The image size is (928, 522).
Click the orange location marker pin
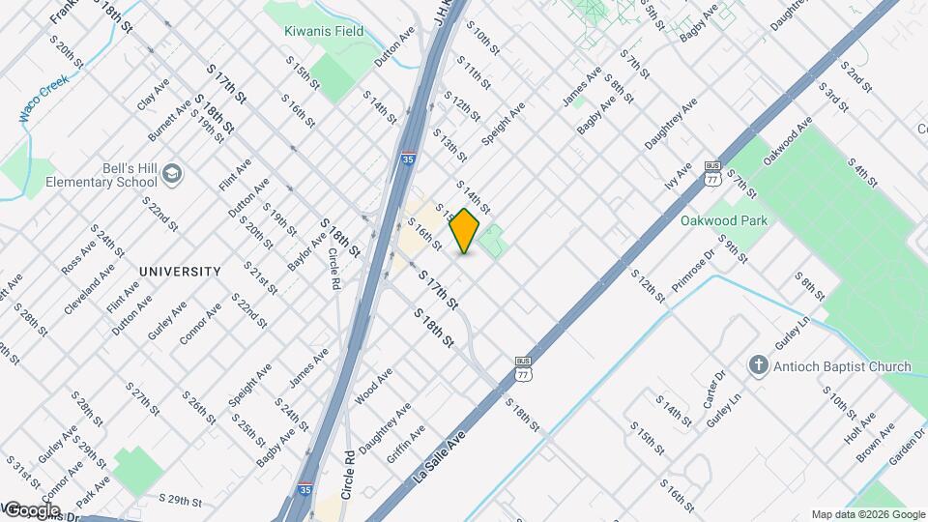[x=465, y=231]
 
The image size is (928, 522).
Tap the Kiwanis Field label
[x=324, y=31]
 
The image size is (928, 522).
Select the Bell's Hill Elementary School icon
[x=172, y=173]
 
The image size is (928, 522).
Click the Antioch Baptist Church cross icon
[x=759, y=366]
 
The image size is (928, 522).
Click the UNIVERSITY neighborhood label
[x=180, y=272]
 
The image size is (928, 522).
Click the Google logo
[x=32, y=509]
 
